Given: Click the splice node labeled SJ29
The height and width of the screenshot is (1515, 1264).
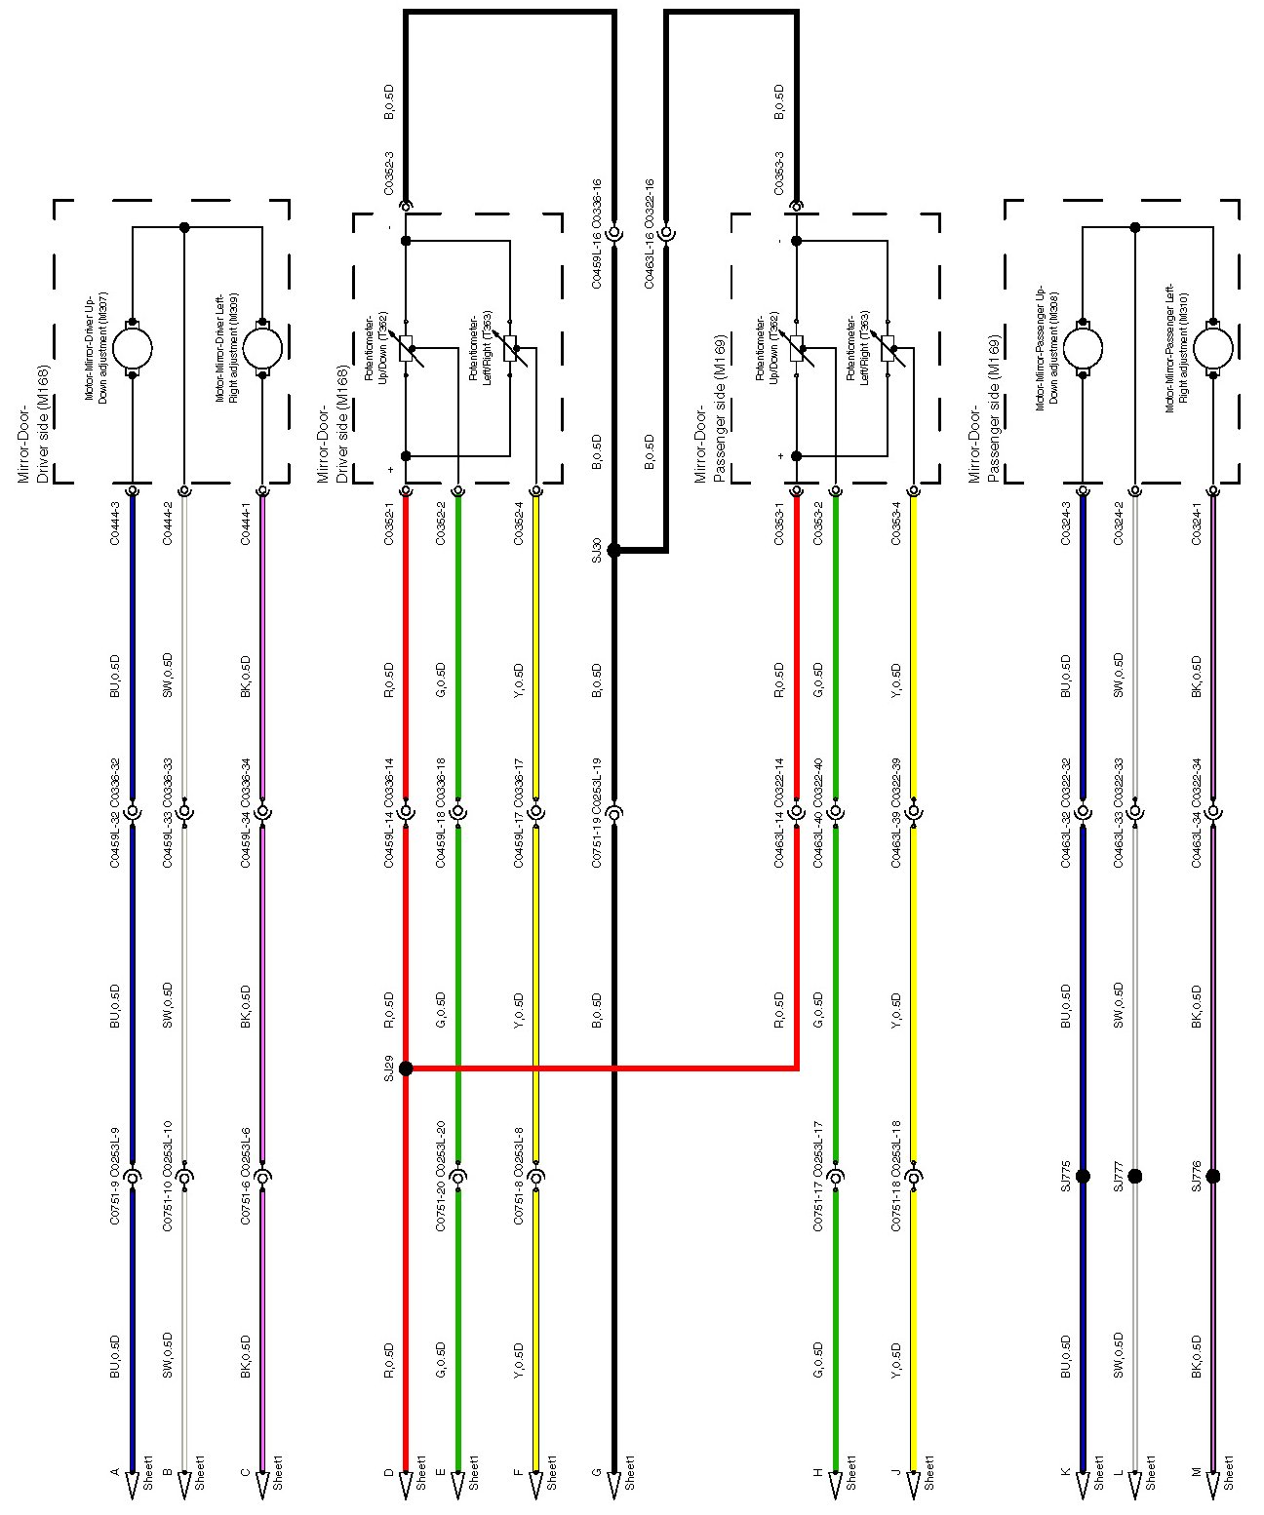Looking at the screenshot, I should [x=406, y=1068].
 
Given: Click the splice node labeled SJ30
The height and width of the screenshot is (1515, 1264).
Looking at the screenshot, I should [x=613, y=550].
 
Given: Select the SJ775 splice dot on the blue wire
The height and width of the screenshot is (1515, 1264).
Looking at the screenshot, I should [x=1083, y=1176].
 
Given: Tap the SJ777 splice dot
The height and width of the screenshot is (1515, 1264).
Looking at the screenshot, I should [x=1134, y=1176].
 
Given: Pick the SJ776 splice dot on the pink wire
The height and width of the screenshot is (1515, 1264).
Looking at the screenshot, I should [x=1213, y=1176].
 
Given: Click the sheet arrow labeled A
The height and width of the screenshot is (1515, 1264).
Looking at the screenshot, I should [x=133, y=1483].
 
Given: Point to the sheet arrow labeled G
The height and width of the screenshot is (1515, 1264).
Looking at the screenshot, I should [x=613, y=1483].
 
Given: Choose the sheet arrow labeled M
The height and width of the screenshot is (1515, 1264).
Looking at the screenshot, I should [x=1213, y=1483].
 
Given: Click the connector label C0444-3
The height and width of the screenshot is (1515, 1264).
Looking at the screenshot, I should [x=115, y=524].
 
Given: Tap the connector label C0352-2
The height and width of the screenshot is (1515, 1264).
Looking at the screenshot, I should [x=441, y=524].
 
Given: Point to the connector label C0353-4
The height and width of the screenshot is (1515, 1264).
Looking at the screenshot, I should [x=896, y=524].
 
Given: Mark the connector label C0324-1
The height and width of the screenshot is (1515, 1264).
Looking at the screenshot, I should [x=1197, y=524].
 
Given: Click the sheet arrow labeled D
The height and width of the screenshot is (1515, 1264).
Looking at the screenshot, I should [x=406, y=1483].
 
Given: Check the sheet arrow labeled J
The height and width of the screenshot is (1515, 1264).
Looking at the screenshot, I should [x=914, y=1483].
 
